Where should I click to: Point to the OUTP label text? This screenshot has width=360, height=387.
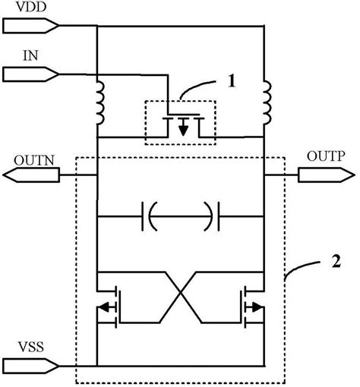click(325, 156)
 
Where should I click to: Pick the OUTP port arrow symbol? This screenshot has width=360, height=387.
click(324, 177)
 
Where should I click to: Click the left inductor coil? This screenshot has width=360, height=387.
click(99, 106)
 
